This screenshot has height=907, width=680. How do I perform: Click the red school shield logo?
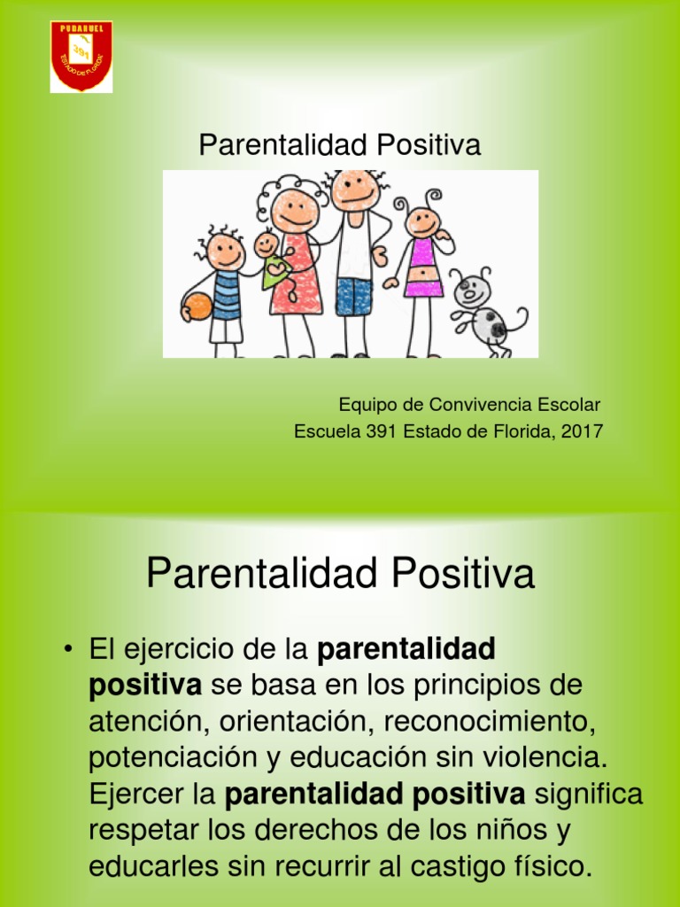click(x=81, y=57)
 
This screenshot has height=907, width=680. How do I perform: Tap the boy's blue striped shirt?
click(x=228, y=295)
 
